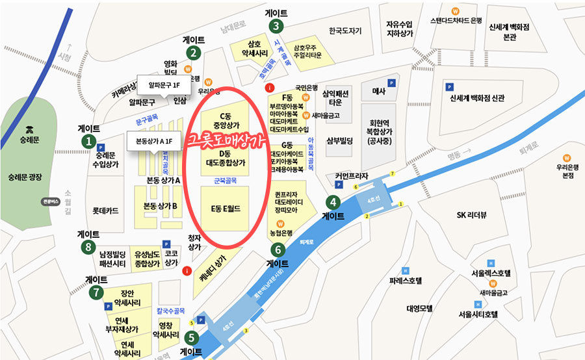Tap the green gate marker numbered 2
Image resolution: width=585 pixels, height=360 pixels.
click(193, 53)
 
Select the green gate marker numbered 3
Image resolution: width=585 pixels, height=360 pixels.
click(277, 26)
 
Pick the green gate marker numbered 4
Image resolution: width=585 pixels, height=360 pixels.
click(333, 202)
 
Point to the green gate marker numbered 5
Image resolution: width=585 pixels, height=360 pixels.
click(191, 338)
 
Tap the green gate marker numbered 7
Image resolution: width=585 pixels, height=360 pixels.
click(97, 292)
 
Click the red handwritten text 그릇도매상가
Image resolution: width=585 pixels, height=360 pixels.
click(224, 141)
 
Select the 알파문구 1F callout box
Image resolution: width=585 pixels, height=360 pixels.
click(159, 85)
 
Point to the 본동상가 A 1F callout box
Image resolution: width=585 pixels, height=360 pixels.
click(154, 141)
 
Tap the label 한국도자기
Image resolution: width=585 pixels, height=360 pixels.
click(345, 30)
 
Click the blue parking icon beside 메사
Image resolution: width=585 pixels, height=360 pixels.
click(392, 83)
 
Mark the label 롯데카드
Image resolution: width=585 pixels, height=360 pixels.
click(105, 211)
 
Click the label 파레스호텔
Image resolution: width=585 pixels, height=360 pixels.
click(406, 281)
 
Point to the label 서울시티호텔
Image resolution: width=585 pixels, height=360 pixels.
click(478, 315)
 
